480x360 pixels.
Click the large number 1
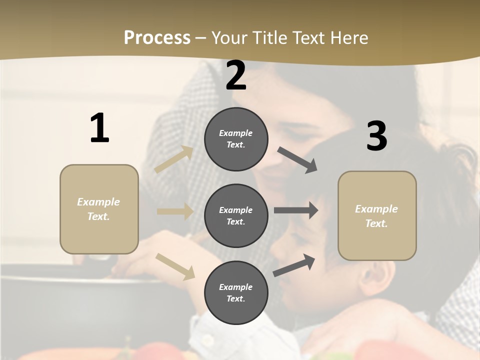pyautogui.click(x=99, y=128)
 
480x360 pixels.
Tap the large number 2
pyautogui.click(x=236, y=75)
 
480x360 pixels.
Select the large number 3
pyautogui.click(x=376, y=136)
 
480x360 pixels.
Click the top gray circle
pyautogui.click(x=236, y=139)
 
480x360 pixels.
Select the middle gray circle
pyautogui.click(x=236, y=215)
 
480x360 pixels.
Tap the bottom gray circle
pyautogui.click(x=236, y=292)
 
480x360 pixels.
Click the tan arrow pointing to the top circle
pyautogui.click(x=174, y=159)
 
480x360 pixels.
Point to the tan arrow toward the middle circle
pyautogui.click(x=175, y=211)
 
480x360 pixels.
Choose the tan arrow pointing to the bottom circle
pyautogui.click(x=175, y=266)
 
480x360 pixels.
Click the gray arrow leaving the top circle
pyautogui.click(x=297, y=160)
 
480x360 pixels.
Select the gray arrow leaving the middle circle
pyautogui.click(x=296, y=210)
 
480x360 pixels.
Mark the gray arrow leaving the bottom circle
pyautogui.click(x=294, y=265)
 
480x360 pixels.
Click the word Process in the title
pyautogui.click(x=157, y=37)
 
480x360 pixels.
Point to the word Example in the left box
pyautogui.click(x=98, y=202)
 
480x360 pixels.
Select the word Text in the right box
pyautogui.click(x=376, y=223)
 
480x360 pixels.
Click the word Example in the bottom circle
pyautogui.click(x=235, y=287)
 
